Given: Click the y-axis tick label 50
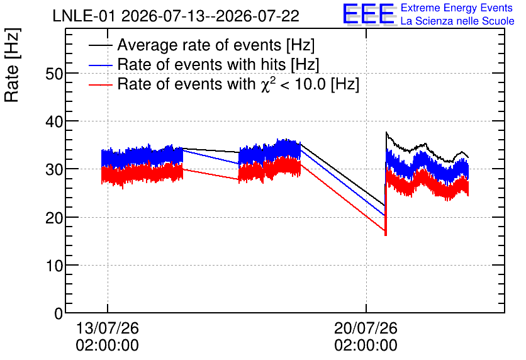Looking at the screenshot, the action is (54, 74).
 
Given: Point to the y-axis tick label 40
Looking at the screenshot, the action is (54, 121).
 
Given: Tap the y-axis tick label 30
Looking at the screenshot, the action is (54, 169).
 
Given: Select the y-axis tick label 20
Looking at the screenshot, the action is (54, 218).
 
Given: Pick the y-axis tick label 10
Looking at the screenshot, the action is (54, 266).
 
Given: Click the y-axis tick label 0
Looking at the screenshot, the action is (59, 313).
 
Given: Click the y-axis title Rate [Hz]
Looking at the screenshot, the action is (12, 65).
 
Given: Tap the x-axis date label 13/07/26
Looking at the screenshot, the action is (108, 328).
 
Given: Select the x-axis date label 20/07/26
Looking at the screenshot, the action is (366, 328).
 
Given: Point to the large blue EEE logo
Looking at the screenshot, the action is (369, 14).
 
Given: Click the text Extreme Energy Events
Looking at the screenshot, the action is (457, 8).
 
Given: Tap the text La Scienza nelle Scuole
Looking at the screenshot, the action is (457, 21).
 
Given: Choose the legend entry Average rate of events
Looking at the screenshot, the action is (216, 45).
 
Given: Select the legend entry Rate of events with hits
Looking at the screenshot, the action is (218, 64).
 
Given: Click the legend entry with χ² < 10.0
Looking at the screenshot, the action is (238, 84).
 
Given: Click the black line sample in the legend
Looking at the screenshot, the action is (100, 45).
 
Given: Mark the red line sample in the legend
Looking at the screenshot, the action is (100, 84).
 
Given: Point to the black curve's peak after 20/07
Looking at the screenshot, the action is (386, 133).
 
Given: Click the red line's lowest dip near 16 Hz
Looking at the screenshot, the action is (386, 235).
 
